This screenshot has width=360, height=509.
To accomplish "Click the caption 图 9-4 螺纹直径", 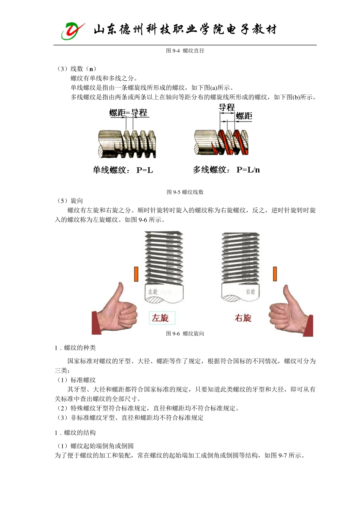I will tap(185, 51).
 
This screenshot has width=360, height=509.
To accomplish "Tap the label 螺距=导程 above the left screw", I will tap(128, 112).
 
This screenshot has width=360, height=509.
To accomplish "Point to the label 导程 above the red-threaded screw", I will tap(227, 107).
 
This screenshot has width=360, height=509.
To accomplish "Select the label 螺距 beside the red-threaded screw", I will tap(244, 116).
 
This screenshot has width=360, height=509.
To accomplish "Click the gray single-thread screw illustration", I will tap(127, 144).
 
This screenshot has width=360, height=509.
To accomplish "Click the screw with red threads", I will tap(222, 142).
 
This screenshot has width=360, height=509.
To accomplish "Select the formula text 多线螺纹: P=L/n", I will tap(226, 170).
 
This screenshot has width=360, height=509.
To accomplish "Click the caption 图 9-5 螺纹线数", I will tap(185, 192).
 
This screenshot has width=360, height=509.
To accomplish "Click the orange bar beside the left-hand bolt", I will tap(136, 274).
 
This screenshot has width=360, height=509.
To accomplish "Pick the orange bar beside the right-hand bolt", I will tap(275, 274).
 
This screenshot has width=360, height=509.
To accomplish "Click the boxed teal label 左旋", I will tap(160, 318).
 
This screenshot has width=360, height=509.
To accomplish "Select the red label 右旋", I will tap(243, 318).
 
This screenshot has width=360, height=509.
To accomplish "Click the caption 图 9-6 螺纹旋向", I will tap(185, 334).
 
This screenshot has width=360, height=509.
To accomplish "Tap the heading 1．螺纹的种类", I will tap(75, 348).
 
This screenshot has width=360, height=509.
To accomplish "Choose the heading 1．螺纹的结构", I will tap(75, 433).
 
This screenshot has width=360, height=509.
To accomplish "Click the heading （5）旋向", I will tap(69, 201).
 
